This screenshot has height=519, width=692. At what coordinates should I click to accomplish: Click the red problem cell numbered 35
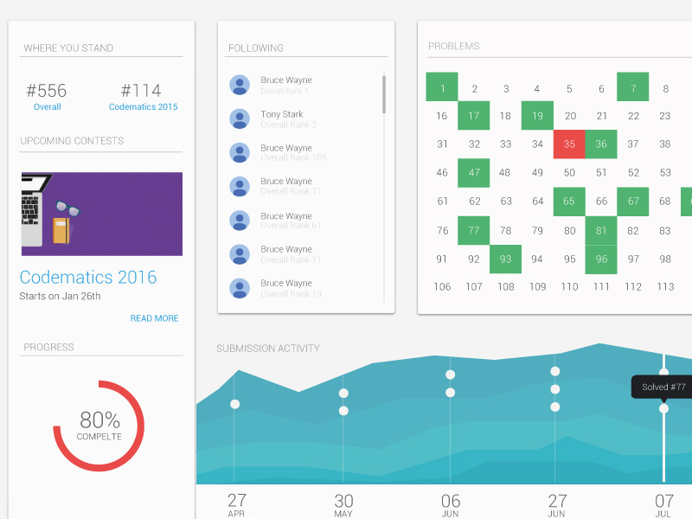[x=569, y=144]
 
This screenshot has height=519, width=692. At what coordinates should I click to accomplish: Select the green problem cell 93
[x=506, y=259]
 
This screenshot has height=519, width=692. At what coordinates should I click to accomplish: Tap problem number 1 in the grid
[x=442, y=88]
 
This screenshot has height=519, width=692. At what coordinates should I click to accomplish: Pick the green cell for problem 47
[x=474, y=172]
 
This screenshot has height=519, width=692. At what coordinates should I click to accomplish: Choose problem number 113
[x=665, y=286]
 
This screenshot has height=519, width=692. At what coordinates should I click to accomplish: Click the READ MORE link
[x=154, y=318]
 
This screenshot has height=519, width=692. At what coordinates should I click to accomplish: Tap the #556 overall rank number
[x=47, y=91]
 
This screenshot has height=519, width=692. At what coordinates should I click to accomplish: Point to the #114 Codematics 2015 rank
[x=141, y=91]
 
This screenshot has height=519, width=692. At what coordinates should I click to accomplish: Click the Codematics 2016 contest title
[x=88, y=278]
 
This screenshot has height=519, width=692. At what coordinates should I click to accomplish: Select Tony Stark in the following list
[x=282, y=114]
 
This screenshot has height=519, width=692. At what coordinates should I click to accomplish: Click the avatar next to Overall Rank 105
[x=240, y=152]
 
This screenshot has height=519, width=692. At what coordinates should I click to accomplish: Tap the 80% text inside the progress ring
[x=99, y=420]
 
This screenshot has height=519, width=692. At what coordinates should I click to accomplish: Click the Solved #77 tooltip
[x=663, y=388]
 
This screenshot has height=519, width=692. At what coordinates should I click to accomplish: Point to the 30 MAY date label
[x=343, y=503]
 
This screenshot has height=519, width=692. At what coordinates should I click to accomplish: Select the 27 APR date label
[x=237, y=503]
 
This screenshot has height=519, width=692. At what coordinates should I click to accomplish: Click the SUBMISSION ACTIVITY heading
[x=268, y=349]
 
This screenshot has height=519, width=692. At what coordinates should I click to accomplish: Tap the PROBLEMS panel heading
[x=453, y=46]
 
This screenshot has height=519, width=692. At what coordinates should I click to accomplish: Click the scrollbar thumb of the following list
[x=384, y=93]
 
